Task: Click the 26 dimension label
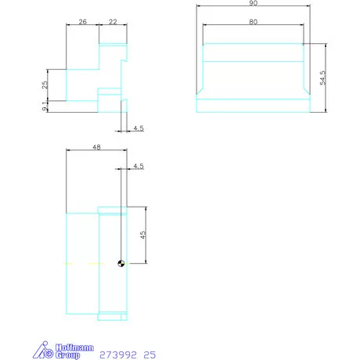point(82,23)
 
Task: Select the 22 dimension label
point(113,23)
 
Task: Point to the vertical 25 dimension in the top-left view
point(45,85)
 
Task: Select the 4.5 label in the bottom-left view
point(139,166)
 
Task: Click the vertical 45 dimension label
point(142,235)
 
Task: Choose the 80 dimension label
point(254,22)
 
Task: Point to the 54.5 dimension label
point(322,78)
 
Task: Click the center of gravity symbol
point(120,264)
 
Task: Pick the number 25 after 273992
point(150,355)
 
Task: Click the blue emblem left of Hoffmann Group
point(46,351)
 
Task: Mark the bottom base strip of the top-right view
point(254,106)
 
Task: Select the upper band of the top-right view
point(254,52)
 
